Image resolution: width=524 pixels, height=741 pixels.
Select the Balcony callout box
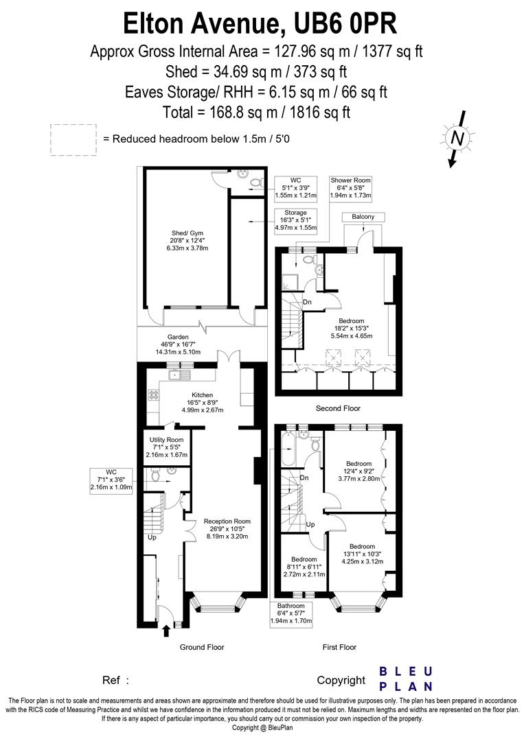point(363,217)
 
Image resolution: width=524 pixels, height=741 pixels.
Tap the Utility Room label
point(166,447)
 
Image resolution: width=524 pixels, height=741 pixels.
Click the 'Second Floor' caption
point(338,408)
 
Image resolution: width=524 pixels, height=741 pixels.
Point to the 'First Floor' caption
point(339,647)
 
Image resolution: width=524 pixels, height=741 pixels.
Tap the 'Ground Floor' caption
point(202,647)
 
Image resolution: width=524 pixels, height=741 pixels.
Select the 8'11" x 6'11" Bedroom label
point(303,567)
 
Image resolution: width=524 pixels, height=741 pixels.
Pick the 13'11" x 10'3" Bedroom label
point(362,553)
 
